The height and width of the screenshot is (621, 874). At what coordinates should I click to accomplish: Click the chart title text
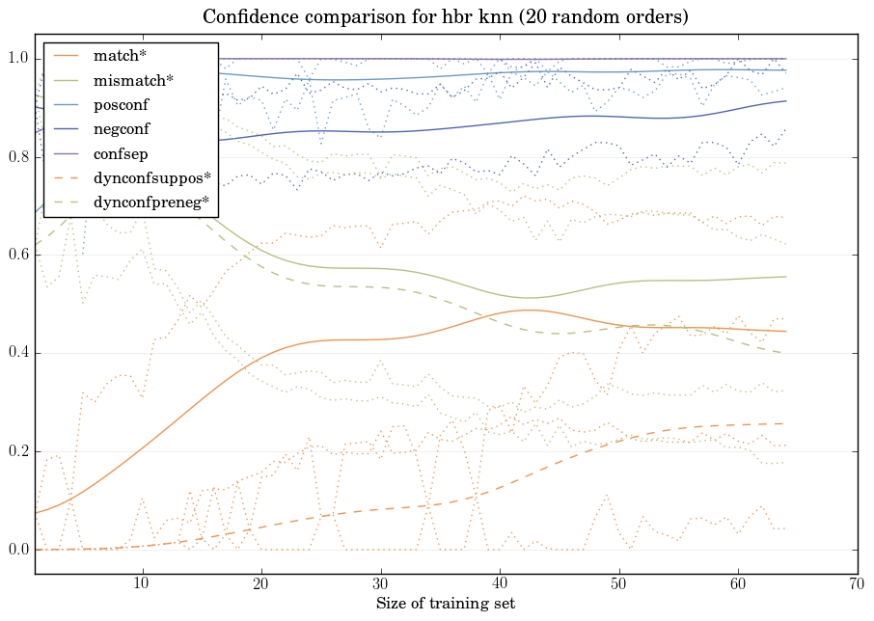point(445,17)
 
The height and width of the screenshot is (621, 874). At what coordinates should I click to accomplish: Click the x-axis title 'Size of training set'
point(445,604)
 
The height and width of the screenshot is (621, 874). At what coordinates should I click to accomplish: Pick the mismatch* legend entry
point(126,79)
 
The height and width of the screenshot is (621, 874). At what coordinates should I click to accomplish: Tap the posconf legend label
point(121,104)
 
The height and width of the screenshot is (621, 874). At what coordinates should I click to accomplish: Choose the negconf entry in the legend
point(122,128)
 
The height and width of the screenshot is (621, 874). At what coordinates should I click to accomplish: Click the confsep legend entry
point(121,152)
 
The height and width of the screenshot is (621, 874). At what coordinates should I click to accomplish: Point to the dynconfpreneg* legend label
point(150,202)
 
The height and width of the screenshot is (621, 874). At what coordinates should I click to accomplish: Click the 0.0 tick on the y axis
point(17,550)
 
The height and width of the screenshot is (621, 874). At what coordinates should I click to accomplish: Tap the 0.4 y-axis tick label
point(17,354)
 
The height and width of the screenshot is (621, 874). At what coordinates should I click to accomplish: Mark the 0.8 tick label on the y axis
point(17,157)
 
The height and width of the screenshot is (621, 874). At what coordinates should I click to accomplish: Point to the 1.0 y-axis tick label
point(17,60)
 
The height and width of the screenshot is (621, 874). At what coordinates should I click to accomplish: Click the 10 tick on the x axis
point(142,583)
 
